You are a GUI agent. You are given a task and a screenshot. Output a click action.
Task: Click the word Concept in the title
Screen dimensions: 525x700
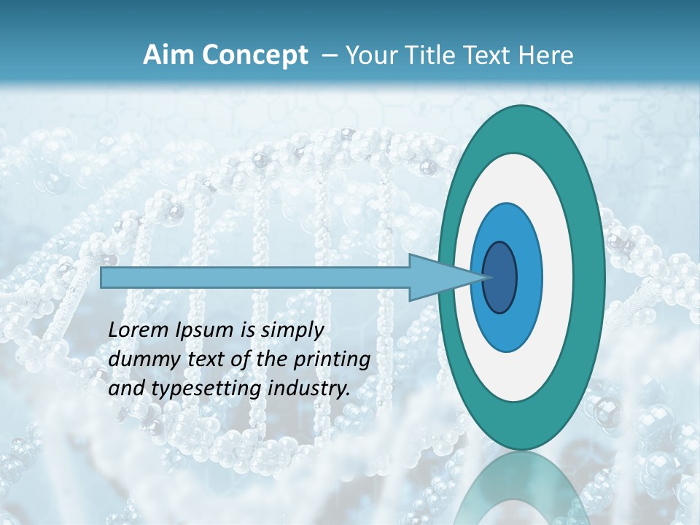pos(255,55)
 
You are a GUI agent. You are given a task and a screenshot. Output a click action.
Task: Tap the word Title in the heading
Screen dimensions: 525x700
pos(431,55)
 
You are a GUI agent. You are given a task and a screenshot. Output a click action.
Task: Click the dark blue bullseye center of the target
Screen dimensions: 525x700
pos(499,278)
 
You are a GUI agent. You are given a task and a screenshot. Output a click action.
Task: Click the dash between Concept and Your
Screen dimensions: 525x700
pos(328,56)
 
